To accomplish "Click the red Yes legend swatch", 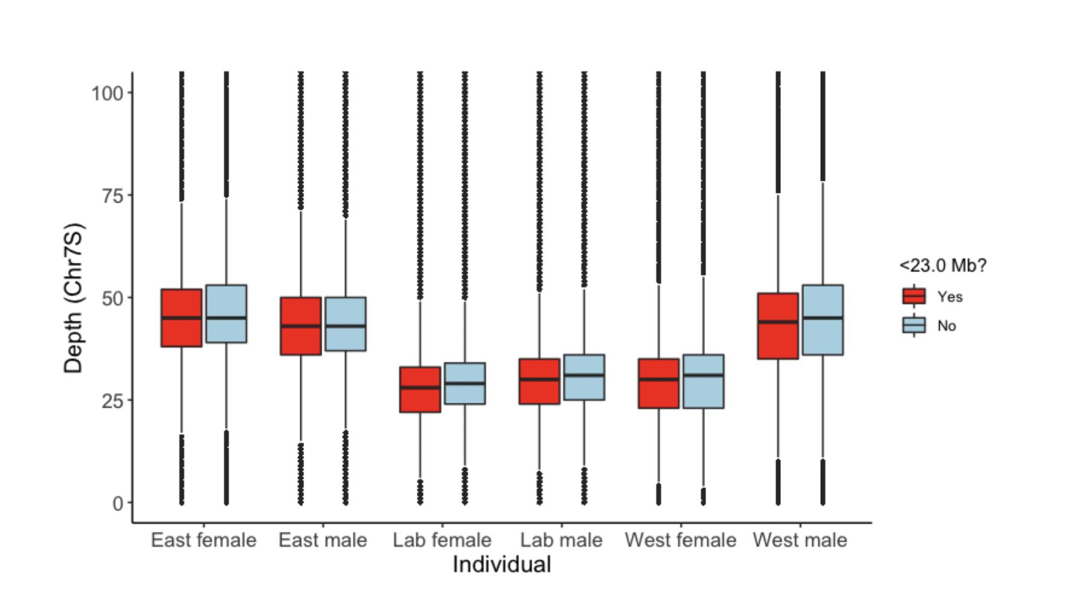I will click(x=913, y=296).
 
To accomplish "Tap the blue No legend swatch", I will click(x=913, y=325).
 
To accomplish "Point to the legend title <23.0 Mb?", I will click(x=942, y=265).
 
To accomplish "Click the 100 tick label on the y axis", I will click(x=108, y=93).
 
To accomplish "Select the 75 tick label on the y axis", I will click(x=113, y=195).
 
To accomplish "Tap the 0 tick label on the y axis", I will click(x=118, y=503).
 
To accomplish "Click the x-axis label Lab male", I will click(x=561, y=540).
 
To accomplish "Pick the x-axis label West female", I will click(x=681, y=540).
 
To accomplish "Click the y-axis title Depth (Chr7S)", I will click(x=74, y=298).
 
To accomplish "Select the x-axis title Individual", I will click(x=502, y=565).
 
